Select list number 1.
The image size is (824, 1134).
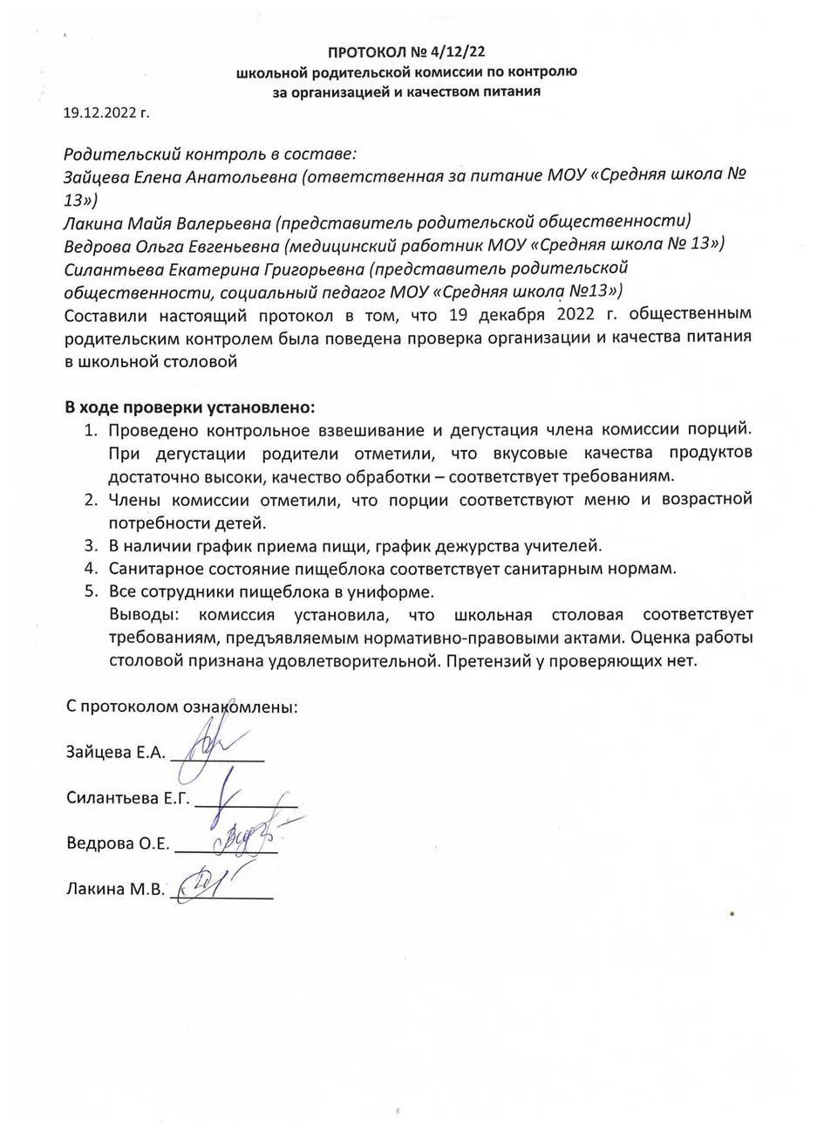click(x=89, y=430)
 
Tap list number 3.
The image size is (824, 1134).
click(x=89, y=546)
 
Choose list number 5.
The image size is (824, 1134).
click(x=89, y=592)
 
